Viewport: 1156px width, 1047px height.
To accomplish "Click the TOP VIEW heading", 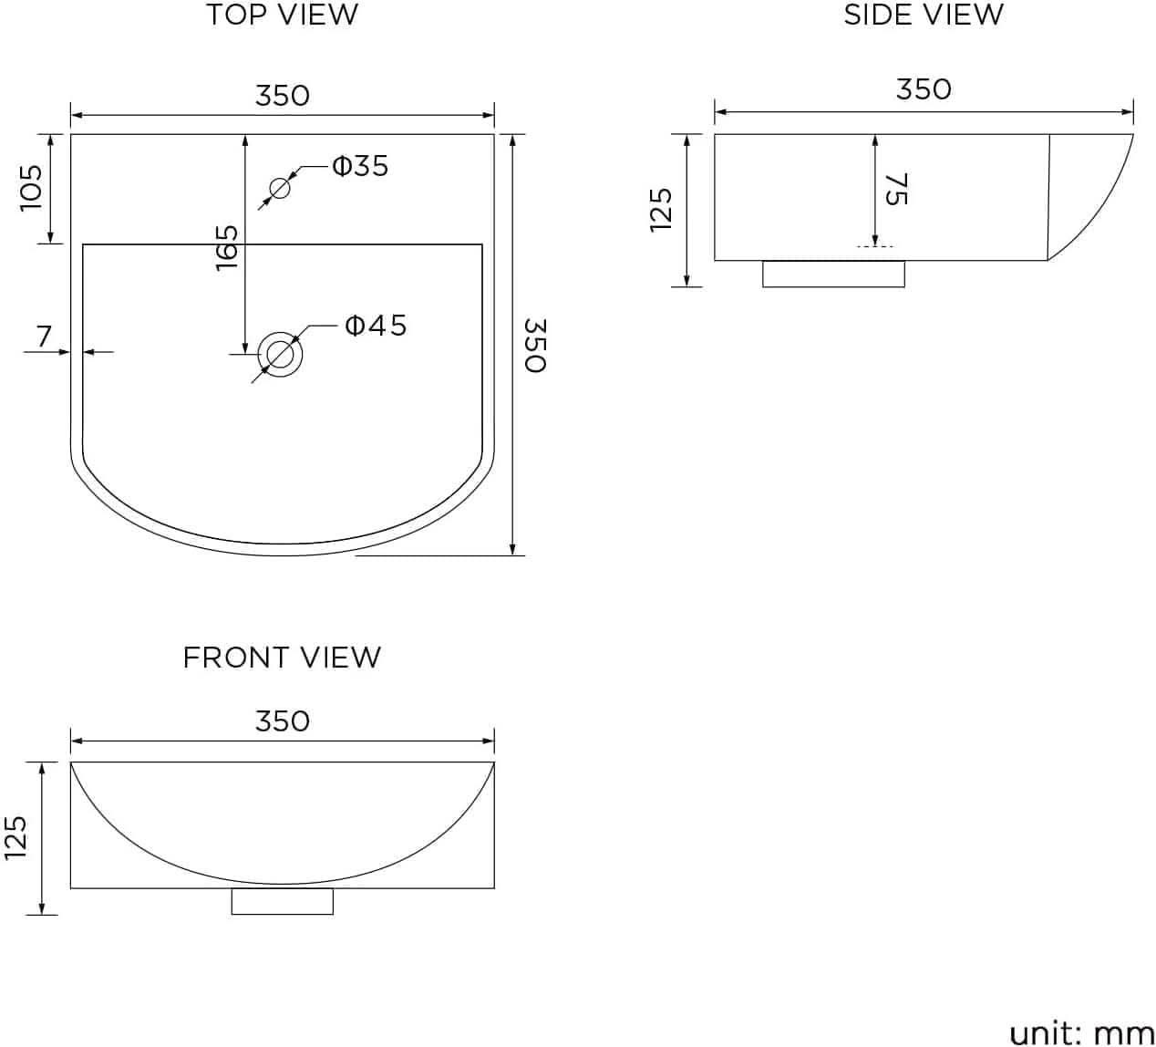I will pyautogui.click(x=282, y=16).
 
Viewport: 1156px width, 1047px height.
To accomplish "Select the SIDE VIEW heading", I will pyautogui.click(x=923, y=16).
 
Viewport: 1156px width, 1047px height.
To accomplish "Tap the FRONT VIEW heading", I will pyautogui.click(x=282, y=658).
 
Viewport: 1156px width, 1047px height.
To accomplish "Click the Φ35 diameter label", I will pyautogui.click(x=360, y=166).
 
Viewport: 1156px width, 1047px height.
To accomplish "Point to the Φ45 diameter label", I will pyautogui.click(x=376, y=325).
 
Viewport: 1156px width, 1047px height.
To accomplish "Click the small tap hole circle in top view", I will pyautogui.click(x=279, y=189).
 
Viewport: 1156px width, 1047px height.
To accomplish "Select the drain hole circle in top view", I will pyautogui.click(x=280, y=353).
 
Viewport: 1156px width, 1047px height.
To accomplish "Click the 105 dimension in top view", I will pyautogui.click(x=32, y=188).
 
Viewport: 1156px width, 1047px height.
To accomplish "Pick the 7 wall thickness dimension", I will pyautogui.click(x=44, y=336).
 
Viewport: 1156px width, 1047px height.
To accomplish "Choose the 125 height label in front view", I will pyautogui.click(x=15, y=837).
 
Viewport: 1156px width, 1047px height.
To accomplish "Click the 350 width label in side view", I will pyautogui.click(x=923, y=89).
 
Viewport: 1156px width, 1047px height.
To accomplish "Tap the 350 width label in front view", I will pyautogui.click(x=282, y=721).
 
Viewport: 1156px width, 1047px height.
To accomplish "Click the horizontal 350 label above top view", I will pyautogui.click(x=282, y=95).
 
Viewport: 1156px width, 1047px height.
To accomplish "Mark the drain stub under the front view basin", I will pyautogui.click(x=282, y=901).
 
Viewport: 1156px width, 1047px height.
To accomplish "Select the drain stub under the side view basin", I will pyautogui.click(x=833, y=274).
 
